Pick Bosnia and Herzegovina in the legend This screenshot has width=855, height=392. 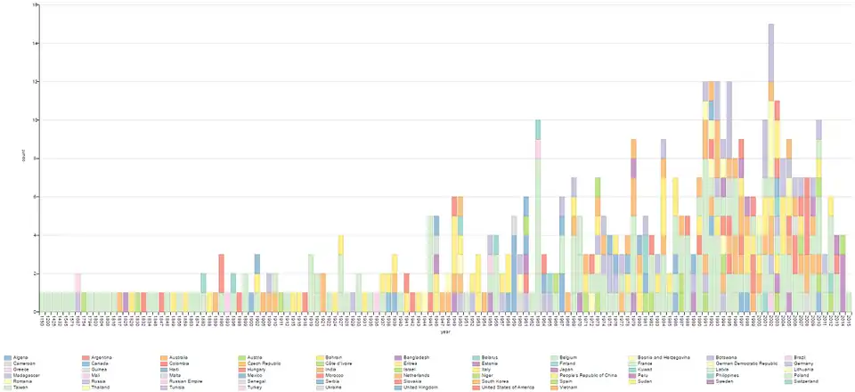pyautogui.click(x=660, y=357)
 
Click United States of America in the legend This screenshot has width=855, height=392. pyautogui.click(x=507, y=388)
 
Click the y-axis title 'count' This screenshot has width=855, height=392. pyautogui.click(x=23, y=159)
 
